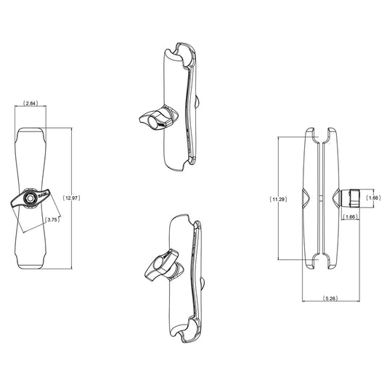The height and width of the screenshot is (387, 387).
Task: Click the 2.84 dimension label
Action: coord(31,104)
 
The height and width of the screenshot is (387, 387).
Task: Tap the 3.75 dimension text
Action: coord(52,219)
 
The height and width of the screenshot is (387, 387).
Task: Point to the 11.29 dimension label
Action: coord(279,197)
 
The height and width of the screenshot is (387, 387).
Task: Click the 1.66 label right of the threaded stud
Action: coord(374,197)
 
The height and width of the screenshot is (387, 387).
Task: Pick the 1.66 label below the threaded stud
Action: coord(351,216)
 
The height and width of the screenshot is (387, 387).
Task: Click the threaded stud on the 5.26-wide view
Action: coord(351,197)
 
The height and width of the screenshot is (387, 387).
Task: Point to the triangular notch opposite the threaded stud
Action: coord(305,197)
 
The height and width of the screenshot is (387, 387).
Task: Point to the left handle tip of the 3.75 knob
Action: coord(14,203)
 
